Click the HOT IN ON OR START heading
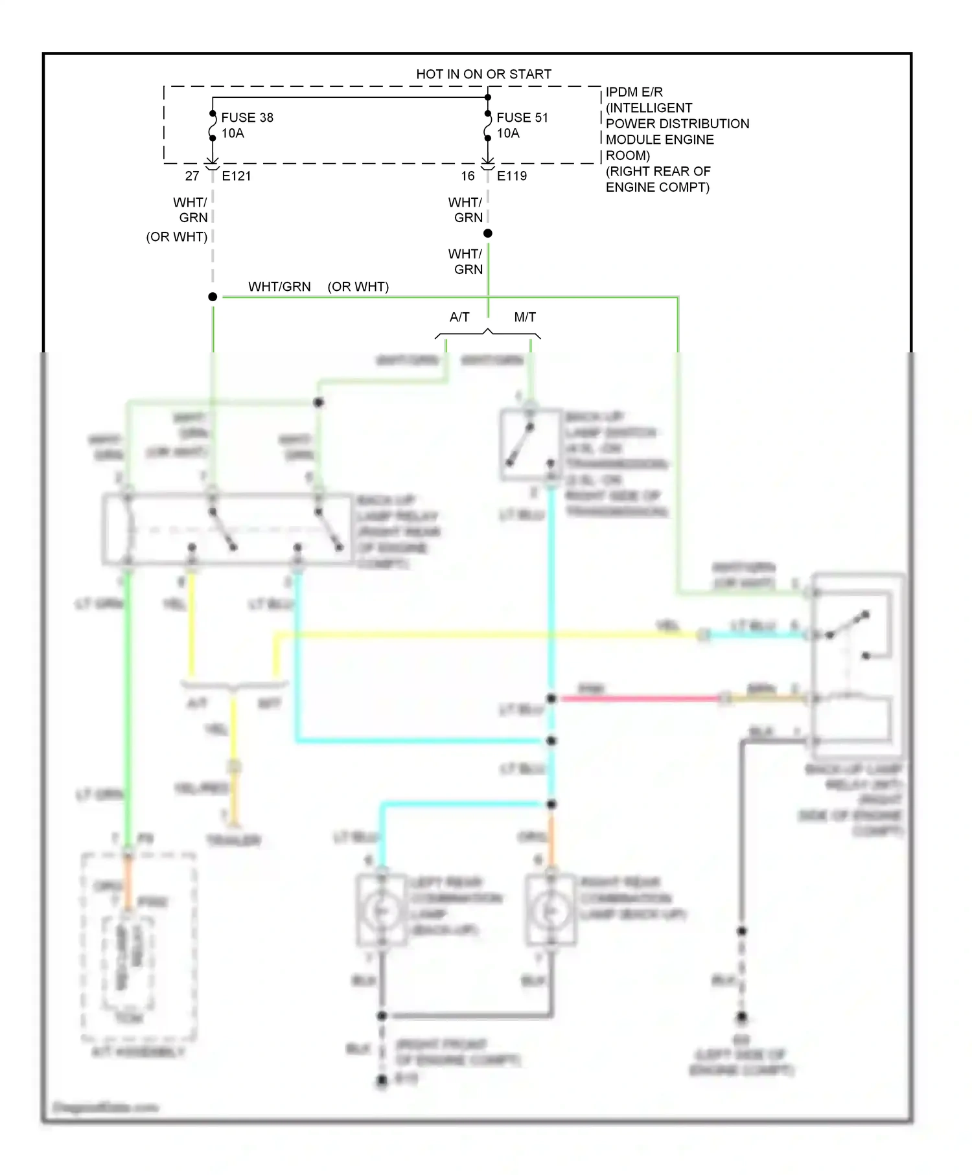483,74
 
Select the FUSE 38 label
247,117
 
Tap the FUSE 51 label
522,117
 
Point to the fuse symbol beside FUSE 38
213,126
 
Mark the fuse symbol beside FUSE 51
488,126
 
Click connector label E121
236,176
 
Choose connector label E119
511,176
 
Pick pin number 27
192,176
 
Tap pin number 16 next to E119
468,176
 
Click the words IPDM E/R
634,92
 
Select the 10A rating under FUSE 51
508,133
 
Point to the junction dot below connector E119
488,233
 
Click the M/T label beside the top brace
525,317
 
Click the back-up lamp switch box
531,444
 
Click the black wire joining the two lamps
467,1016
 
